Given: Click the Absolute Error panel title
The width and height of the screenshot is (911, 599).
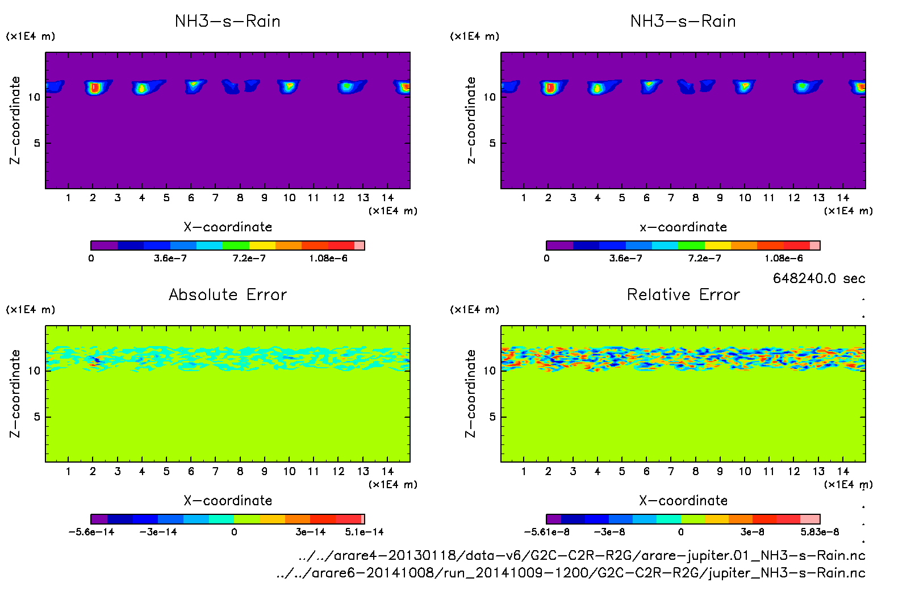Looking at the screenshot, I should tap(228, 294).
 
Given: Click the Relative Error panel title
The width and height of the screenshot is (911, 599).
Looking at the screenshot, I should tap(683, 294).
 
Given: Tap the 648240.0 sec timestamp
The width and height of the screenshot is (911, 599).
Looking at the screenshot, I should tap(819, 278).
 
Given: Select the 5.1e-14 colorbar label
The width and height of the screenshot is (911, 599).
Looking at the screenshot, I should tap(364, 532).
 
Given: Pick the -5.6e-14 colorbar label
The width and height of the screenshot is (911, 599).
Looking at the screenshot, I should tap(91, 532).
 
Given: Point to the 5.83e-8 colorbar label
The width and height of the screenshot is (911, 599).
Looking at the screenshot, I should tap(820, 532).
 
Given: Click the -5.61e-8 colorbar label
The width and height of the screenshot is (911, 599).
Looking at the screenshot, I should tap(546, 532).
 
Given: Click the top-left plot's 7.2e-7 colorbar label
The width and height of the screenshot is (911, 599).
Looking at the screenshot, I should tap(249, 259).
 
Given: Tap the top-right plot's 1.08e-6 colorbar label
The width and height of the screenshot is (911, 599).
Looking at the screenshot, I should tap(784, 259).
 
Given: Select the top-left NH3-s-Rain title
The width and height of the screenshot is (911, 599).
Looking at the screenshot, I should tap(228, 21).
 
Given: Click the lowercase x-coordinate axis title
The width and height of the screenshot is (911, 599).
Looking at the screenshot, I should tap(683, 227).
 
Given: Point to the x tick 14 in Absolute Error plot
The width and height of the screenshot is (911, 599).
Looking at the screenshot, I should tap(387, 471).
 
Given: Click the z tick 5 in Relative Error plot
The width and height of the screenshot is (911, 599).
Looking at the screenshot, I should tap(492, 417).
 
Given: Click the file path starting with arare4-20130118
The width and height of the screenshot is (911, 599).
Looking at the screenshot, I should tap(582, 555).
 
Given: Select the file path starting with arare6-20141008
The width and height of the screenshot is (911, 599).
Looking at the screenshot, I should tap(571, 573).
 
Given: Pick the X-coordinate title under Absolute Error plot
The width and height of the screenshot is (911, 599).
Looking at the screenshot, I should tap(228, 501).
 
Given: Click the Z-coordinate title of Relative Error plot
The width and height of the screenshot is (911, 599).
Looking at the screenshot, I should tap(470, 393).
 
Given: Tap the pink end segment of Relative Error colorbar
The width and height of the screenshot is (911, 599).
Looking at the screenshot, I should tap(810, 519).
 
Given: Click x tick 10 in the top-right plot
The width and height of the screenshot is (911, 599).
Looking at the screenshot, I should tap(745, 198).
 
